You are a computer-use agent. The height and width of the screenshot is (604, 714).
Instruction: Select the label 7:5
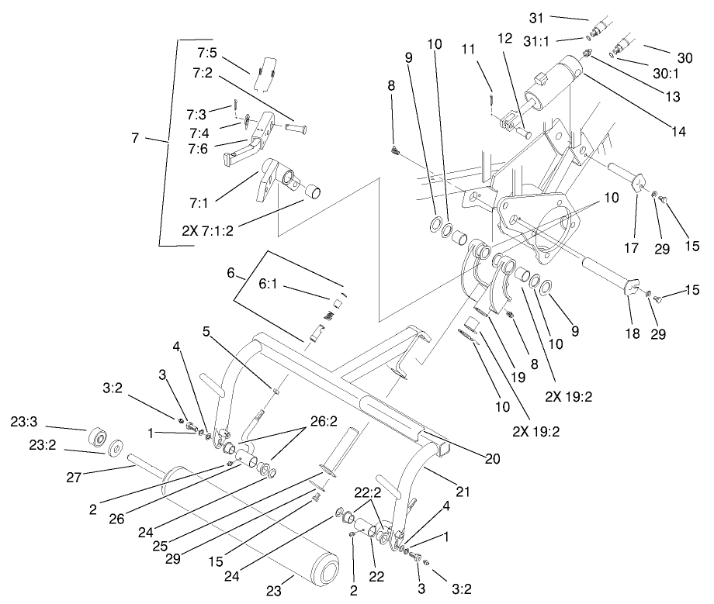[x=207, y=53]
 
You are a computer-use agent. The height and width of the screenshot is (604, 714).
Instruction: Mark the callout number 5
[x=206, y=330]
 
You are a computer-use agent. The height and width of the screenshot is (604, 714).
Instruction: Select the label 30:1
[x=664, y=74]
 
